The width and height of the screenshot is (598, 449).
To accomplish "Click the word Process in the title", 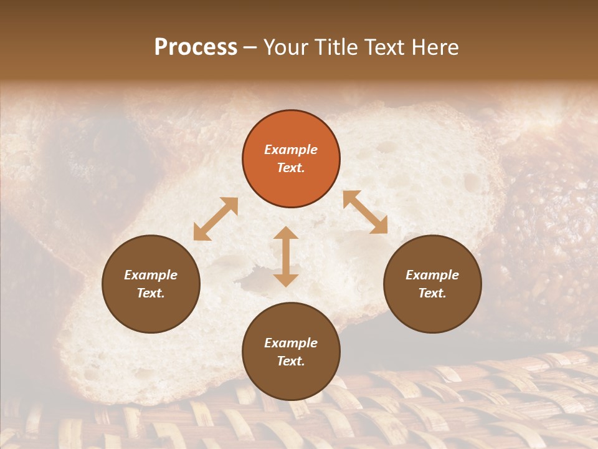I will [196, 47].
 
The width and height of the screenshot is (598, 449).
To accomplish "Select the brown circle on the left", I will [151, 284].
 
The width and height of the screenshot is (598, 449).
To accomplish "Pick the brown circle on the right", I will [432, 284].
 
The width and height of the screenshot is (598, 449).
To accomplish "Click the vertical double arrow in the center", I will [286, 256].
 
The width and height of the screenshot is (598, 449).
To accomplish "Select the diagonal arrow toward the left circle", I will [216, 219].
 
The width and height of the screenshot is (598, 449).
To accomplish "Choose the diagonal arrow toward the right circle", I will [365, 212].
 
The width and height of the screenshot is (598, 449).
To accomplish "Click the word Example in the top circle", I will [291, 150].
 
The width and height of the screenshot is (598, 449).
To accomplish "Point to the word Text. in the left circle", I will [151, 293].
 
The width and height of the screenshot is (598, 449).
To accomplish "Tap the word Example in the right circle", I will [432, 275].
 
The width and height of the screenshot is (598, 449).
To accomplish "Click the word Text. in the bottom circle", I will [291, 361].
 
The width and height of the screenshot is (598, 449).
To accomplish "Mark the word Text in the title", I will [388, 47].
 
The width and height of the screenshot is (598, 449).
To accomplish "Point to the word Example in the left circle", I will [151, 275].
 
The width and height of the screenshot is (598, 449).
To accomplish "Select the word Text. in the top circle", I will [291, 168].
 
